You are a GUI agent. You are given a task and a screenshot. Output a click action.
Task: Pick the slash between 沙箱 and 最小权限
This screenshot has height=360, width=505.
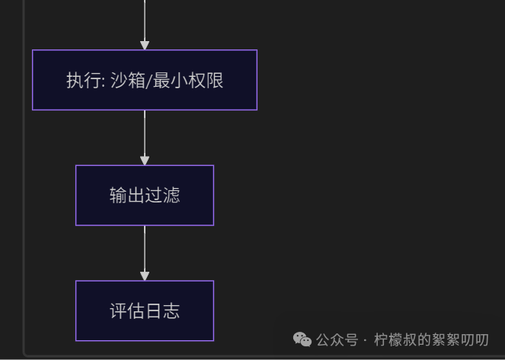tap(149, 81)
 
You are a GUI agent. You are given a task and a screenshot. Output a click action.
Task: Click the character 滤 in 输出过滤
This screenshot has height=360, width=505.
tap(171, 195)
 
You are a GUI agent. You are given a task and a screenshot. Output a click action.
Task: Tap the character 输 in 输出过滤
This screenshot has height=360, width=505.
tap(118, 195)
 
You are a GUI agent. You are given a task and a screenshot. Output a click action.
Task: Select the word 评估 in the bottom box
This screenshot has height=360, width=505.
tap(127, 311)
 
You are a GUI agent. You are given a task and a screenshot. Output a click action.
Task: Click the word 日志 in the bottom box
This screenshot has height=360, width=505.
tap(162, 311)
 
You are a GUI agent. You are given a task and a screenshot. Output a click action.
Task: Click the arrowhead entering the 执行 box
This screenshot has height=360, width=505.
tap(145, 46)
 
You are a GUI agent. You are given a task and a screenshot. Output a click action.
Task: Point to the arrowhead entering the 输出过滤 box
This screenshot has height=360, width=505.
tap(145, 161)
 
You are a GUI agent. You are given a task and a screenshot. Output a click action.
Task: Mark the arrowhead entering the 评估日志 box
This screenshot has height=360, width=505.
tap(145, 276)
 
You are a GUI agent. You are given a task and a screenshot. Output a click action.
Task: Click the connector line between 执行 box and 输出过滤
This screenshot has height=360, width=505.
tap(145, 133)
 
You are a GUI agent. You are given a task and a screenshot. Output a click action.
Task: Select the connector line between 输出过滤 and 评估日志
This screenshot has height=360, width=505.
tap(145, 248)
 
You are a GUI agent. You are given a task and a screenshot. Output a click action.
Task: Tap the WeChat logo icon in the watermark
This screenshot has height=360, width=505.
tap(302, 339)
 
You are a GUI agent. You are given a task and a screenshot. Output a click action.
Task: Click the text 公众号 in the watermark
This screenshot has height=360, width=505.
tap(337, 339)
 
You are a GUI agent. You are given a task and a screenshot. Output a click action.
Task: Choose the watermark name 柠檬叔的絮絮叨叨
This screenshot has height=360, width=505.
tap(431, 339)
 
